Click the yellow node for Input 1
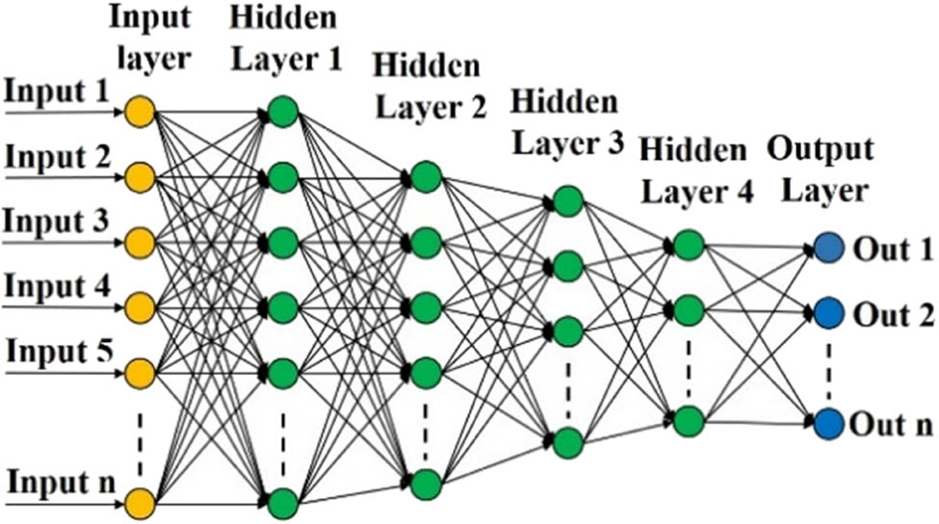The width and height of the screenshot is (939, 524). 140,112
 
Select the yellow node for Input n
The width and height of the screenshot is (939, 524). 140,504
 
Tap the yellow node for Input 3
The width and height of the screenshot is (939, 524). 140,243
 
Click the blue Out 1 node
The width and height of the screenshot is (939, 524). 829,248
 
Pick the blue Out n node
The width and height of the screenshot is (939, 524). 829,424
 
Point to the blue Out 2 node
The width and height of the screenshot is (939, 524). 829,312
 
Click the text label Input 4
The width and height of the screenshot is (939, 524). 58,287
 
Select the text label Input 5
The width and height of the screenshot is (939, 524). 60,352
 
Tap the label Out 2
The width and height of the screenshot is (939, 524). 893,315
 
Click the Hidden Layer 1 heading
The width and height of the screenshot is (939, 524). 285,39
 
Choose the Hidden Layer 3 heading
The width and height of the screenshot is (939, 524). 566,122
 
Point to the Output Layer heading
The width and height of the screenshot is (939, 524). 822,170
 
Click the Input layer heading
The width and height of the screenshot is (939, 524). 150,38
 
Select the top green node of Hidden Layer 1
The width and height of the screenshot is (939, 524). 283,112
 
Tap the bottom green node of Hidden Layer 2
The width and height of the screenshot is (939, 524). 426,484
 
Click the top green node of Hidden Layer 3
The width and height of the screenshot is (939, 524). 567,201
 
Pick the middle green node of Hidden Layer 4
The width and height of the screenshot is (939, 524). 689,310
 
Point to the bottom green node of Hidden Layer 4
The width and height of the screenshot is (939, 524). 689,421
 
